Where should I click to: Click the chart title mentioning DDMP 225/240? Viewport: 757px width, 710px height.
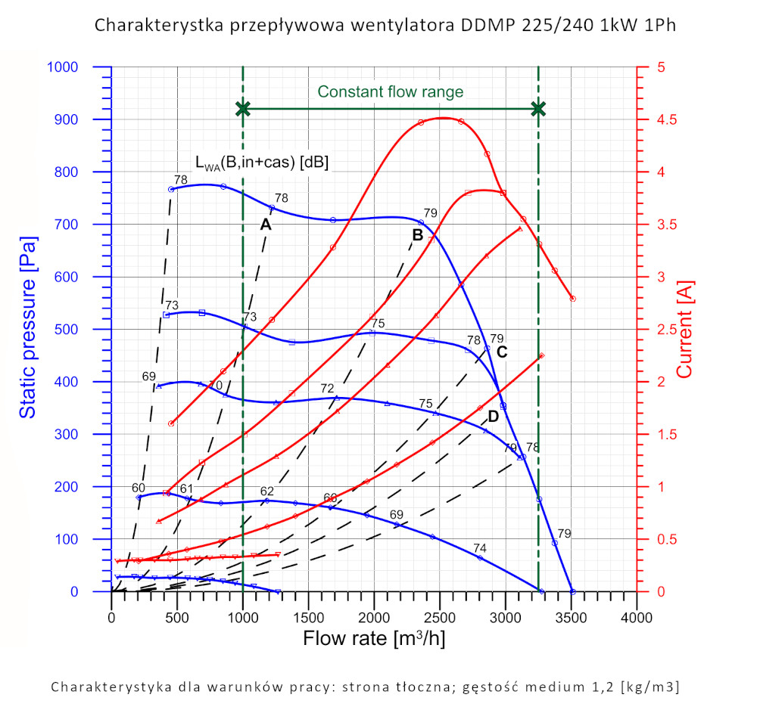point(385,25)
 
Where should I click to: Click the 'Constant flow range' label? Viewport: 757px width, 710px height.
point(390,91)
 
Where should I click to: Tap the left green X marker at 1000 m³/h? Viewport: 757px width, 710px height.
point(243,109)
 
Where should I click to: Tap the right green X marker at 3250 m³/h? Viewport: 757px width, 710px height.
point(538,109)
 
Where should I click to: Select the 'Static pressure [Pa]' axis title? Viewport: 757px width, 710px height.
point(27,329)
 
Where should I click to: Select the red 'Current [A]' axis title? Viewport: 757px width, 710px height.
point(684,329)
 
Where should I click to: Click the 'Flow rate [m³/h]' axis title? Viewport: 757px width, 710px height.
point(374,638)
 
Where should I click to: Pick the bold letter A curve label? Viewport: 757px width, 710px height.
point(266,225)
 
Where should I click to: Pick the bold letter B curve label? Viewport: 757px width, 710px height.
point(417,235)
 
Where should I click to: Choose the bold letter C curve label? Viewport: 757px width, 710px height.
point(501,352)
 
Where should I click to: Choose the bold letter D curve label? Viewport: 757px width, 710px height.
point(493,417)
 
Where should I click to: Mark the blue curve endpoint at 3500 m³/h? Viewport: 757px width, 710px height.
point(572,591)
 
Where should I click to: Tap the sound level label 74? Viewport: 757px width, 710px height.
point(480,548)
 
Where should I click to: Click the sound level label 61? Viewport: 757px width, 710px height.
point(187,489)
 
